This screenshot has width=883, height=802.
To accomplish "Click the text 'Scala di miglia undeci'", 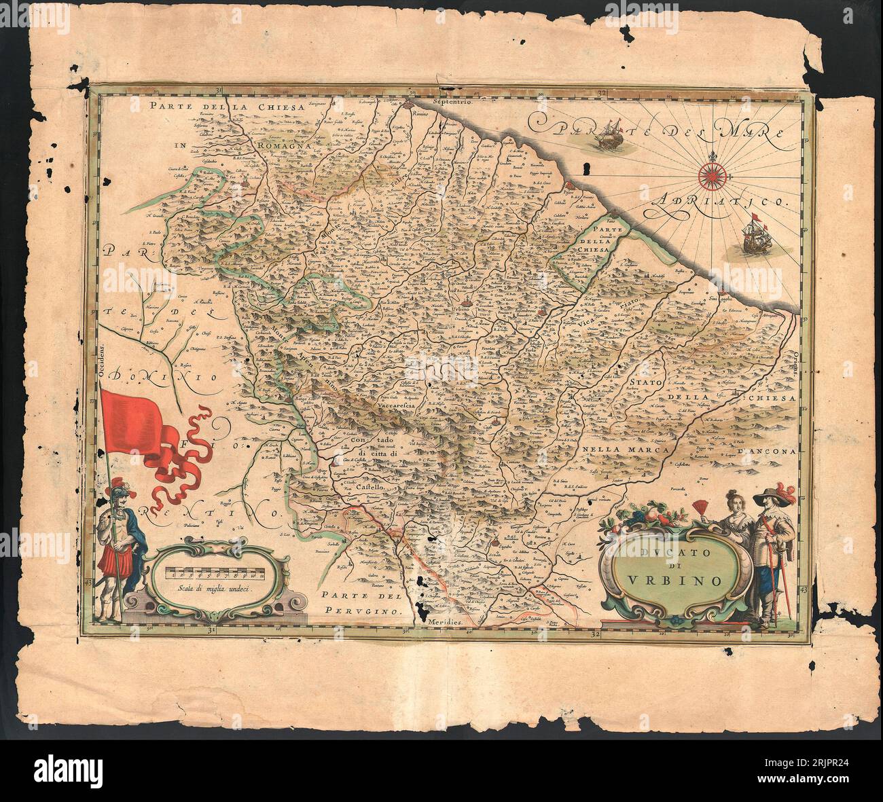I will coord(211,590).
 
